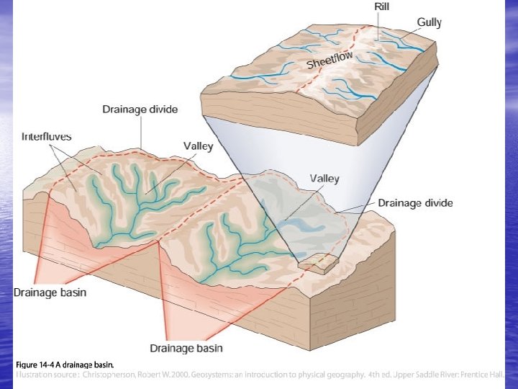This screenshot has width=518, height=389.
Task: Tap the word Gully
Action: pos(429,22)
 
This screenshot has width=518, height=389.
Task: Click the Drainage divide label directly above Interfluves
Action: pos(140,109)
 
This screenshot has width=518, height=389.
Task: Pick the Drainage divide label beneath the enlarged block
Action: pos(415,203)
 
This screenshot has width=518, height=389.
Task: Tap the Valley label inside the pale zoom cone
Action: pos(324,179)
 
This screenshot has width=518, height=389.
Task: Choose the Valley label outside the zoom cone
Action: pos(198,146)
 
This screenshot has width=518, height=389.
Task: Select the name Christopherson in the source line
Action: pos(115,375)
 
